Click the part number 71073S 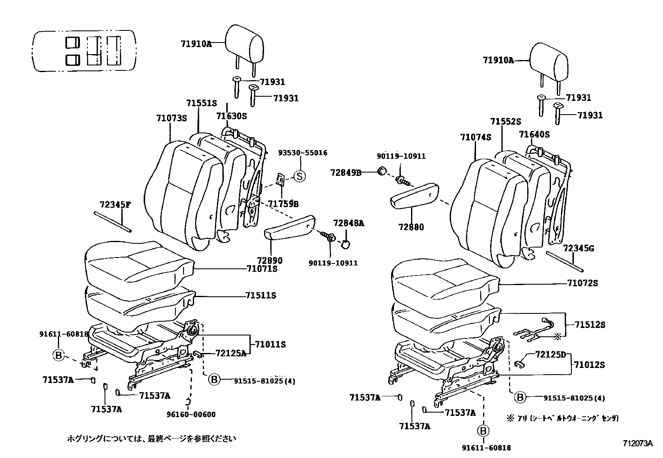coord(172,118)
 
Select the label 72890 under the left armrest coord(271,260)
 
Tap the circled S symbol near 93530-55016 coord(300,176)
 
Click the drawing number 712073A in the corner coord(638,443)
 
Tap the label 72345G coord(578,249)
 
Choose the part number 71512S coord(590,325)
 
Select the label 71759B coord(283,204)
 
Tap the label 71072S coord(583,283)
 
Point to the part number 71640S coord(534,134)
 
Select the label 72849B coord(346,172)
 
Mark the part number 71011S coord(271,344)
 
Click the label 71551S coord(202,103)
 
